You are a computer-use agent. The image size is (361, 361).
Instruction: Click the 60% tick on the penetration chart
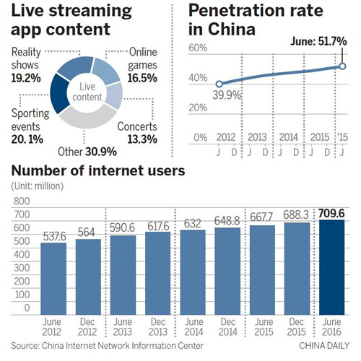point(198,48)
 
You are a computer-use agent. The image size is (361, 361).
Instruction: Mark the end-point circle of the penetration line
point(343,66)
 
